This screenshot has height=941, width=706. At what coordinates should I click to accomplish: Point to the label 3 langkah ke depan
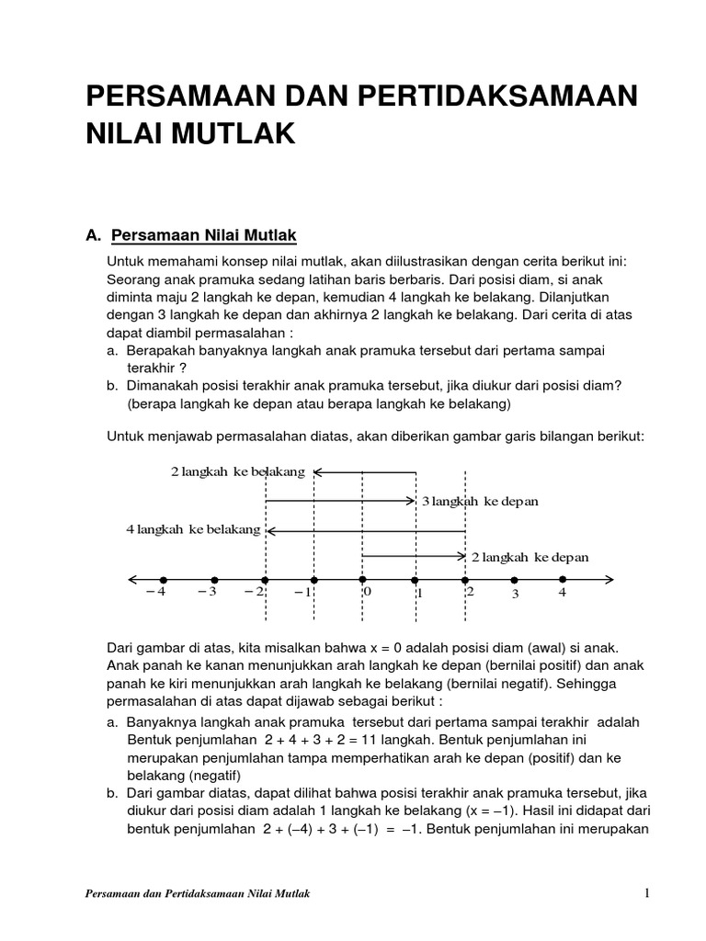click(x=480, y=501)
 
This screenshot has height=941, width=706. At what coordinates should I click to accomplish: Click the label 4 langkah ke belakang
click(x=193, y=530)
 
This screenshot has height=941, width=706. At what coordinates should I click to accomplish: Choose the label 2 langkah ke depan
click(x=530, y=557)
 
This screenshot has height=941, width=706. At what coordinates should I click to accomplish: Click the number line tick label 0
click(x=367, y=593)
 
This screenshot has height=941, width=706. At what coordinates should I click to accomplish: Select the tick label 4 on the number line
click(x=564, y=593)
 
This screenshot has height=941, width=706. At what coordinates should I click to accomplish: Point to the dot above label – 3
click(x=214, y=579)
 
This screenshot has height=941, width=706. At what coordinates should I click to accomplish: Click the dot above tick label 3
click(x=514, y=579)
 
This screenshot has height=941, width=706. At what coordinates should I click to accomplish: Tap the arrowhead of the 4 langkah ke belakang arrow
click(x=270, y=530)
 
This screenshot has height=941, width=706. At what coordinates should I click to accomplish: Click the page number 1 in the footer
click(x=647, y=893)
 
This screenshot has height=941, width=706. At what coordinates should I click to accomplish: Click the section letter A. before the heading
click(x=92, y=236)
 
